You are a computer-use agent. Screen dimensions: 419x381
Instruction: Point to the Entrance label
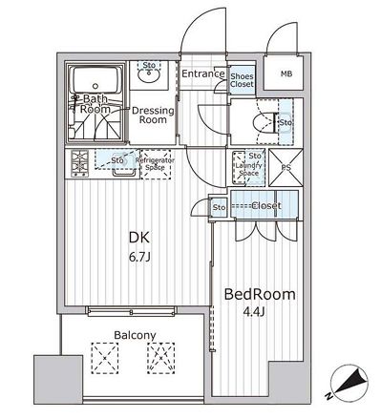(x=202, y=74)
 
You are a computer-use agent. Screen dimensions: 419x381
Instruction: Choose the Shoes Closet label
(x=242, y=79)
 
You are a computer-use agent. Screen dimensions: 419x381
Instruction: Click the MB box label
(x=286, y=74)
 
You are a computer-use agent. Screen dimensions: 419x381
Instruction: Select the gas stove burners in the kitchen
(x=77, y=165)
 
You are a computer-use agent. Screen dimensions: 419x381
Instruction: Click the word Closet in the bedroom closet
(x=265, y=205)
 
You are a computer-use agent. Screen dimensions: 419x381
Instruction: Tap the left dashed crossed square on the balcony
(x=103, y=361)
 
